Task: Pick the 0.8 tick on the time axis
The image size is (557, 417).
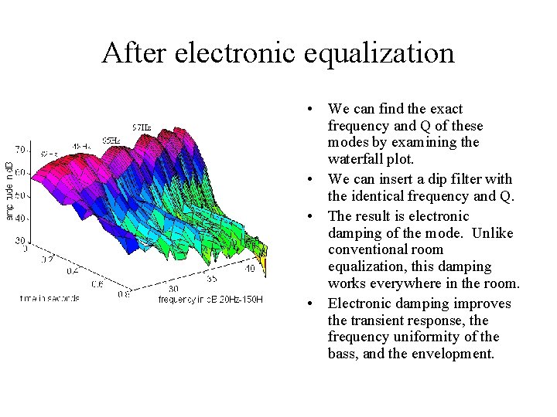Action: [x=123, y=293]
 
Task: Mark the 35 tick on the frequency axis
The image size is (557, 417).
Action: [x=211, y=279]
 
